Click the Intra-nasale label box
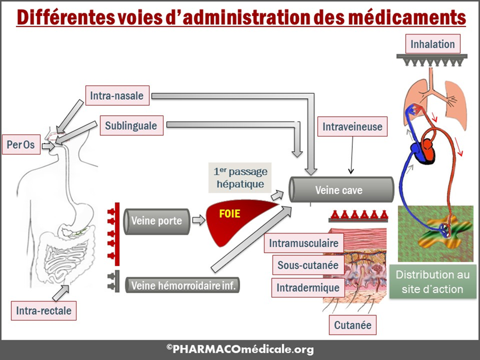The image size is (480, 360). click(x=117, y=96)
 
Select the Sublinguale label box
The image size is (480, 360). click(x=131, y=126)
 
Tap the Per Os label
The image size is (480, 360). click(x=21, y=145)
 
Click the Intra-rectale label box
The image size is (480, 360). click(x=44, y=311)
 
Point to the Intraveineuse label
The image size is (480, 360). click(x=352, y=127)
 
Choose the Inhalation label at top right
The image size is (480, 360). click(x=432, y=44)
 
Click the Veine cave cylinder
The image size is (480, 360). click(x=341, y=190)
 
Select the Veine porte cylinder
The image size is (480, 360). click(x=157, y=221)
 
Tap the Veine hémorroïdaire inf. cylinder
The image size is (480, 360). click(x=182, y=285)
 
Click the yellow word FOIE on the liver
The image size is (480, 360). click(x=230, y=214)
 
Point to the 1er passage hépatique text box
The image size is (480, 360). click(x=240, y=178)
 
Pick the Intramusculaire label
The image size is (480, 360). click(x=304, y=243)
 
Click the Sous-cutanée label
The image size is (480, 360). click(x=308, y=265)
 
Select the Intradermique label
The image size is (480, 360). click(x=308, y=288)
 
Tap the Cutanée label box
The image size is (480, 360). click(x=353, y=325)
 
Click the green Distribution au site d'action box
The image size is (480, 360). click(x=432, y=282)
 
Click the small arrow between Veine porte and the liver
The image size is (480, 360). click(x=199, y=221)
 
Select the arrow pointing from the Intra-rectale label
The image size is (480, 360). click(x=61, y=292)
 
